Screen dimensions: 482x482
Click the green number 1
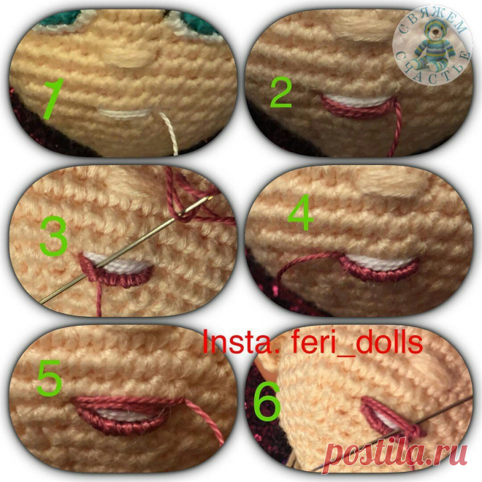point(53,99)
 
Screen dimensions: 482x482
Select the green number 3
point(54,236)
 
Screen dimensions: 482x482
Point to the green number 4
point(300,213)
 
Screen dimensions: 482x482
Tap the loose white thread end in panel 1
point(169,133)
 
